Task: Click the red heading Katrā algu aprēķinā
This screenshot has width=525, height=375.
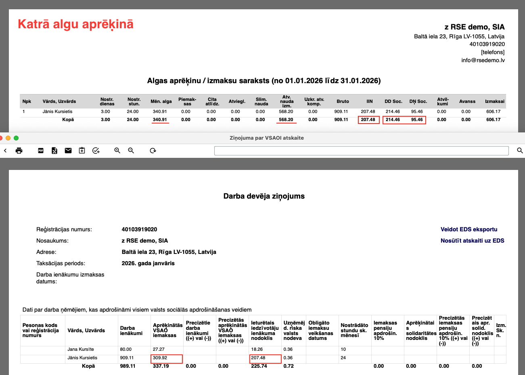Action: coord(75,24)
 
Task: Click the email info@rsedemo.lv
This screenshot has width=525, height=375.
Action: coord(483,60)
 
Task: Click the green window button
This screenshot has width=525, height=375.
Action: coord(16,138)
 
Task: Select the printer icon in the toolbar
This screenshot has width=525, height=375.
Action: coord(19,151)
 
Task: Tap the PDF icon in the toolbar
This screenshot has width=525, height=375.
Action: coord(41,151)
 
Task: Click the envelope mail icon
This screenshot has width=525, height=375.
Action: coord(68,151)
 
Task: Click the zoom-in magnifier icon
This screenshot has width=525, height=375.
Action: coord(117,151)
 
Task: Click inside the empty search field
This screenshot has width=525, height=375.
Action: coord(361,151)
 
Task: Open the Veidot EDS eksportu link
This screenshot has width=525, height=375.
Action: coord(469,229)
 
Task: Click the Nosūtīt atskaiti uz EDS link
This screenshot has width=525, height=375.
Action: coord(472,241)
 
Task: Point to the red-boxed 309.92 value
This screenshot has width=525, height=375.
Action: coord(166,358)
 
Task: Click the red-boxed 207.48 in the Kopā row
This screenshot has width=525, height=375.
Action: coord(368,119)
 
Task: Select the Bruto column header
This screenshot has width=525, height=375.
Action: coord(343,101)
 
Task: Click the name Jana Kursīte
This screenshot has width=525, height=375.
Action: coord(81,349)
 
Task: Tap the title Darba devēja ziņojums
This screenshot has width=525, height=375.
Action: coord(264,196)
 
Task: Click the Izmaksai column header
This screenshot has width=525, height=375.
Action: coord(494,101)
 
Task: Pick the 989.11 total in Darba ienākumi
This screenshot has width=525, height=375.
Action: coord(128,366)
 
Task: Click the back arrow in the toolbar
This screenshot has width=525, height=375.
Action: coord(5,151)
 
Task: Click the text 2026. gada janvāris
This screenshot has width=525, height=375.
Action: coord(148,263)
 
